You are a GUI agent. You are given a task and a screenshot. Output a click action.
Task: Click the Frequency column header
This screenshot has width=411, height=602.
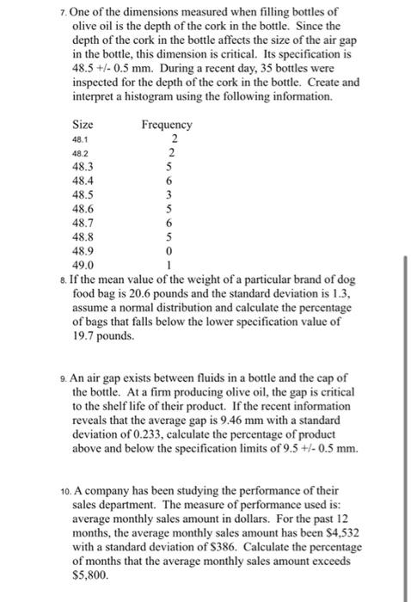coord(167,125)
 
